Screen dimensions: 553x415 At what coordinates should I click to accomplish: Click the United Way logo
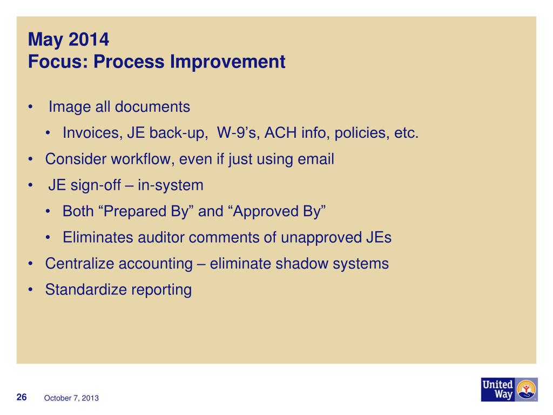(509, 389)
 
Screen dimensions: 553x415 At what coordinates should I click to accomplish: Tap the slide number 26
(22, 397)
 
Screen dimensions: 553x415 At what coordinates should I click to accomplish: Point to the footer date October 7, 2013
(71, 398)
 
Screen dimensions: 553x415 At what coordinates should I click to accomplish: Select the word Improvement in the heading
(227, 62)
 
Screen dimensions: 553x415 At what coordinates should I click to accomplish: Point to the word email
(315, 159)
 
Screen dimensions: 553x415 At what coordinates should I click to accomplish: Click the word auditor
(161, 238)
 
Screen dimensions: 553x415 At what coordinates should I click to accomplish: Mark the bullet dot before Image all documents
(31, 107)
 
